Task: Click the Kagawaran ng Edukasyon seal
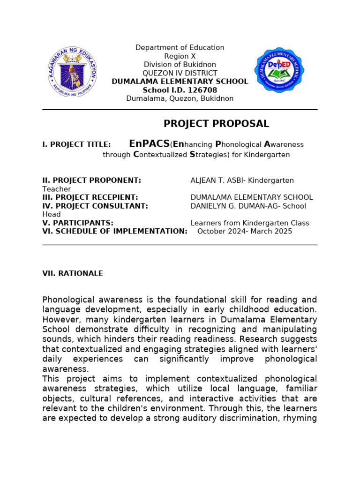click(73, 71)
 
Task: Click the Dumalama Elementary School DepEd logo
click(279, 70)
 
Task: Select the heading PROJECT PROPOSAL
click(216, 124)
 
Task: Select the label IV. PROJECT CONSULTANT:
click(95, 206)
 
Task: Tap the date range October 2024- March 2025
click(245, 232)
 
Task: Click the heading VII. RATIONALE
click(73, 273)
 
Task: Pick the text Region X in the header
click(180, 56)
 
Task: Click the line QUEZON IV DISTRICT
click(180, 73)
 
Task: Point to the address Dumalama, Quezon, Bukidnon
click(180, 98)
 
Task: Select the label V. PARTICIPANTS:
click(78, 223)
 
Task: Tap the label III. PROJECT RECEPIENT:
click(90, 197)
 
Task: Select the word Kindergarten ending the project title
click(268, 155)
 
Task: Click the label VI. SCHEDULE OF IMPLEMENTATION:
click(115, 232)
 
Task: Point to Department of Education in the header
click(180, 48)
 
